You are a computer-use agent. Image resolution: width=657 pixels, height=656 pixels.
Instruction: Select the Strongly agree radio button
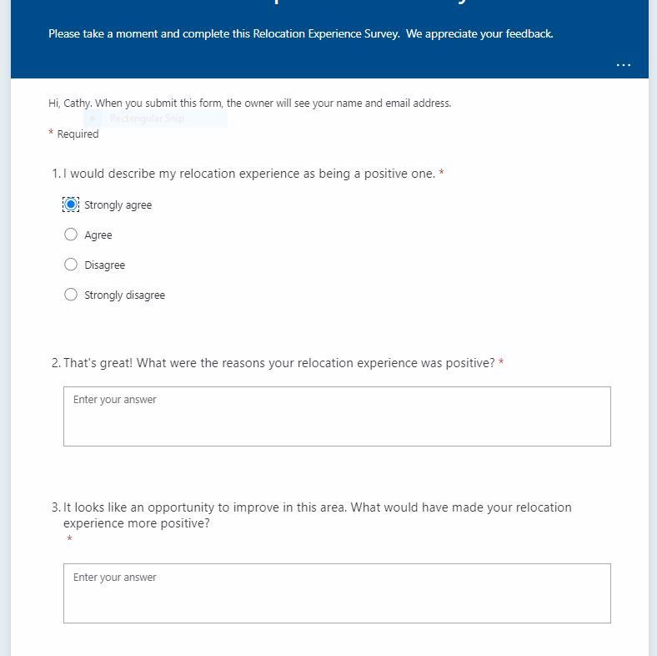(71, 204)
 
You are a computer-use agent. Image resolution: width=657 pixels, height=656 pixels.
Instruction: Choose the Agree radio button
(71, 235)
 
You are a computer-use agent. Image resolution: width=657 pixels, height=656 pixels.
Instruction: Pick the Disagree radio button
(71, 265)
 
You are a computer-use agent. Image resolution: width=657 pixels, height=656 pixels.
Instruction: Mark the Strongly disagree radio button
(71, 295)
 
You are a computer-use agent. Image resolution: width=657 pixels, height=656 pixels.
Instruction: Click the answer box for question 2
(337, 416)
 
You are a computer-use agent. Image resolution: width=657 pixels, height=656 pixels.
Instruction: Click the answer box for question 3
(337, 593)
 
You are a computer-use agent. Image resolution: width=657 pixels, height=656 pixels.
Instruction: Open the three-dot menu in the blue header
(623, 65)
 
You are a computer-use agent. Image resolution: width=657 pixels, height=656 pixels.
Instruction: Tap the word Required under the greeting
(78, 134)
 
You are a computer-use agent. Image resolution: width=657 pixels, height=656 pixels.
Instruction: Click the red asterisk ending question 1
(442, 174)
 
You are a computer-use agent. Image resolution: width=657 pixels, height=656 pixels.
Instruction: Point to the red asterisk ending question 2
(501, 363)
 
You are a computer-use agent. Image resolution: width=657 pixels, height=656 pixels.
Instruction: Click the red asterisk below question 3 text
(69, 540)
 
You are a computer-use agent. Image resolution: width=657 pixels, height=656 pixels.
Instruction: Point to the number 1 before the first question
(55, 174)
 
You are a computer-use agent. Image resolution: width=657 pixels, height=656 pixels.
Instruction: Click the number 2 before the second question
(55, 363)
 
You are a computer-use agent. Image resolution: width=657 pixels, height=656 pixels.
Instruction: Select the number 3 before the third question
(55, 507)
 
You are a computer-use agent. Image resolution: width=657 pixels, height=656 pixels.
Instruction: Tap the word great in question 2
(114, 363)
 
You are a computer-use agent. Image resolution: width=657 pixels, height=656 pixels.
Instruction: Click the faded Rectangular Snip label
(147, 119)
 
